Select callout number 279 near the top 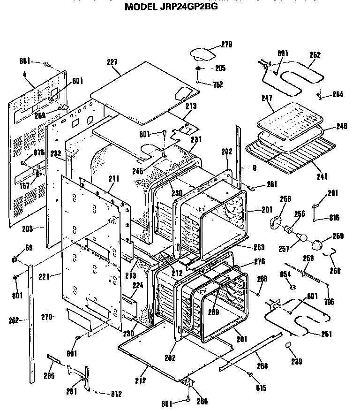click(226, 45)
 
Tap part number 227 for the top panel click(112, 62)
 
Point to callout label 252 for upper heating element click(315, 55)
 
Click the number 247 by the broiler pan click(267, 99)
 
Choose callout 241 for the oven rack click(322, 176)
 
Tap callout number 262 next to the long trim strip click(14, 320)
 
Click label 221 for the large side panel click(56, 275)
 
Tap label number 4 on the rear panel click(24, 74)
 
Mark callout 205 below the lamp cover click(220, 68)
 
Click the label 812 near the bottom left click(115, 394)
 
